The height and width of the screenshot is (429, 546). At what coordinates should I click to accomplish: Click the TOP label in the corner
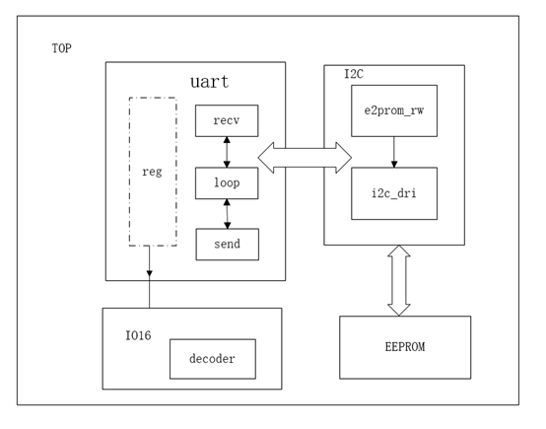coord(61,48)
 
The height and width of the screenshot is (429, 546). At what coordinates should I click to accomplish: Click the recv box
coord(227,120)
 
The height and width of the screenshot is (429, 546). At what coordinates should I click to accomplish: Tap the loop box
coord(227,182)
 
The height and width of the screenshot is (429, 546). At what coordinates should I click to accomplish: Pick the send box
coord(227,244)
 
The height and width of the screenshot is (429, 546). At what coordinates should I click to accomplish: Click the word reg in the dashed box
coord(153,172)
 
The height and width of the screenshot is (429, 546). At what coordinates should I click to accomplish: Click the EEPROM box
coord(404,347)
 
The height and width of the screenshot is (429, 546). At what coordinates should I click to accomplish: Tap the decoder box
coord(212,359)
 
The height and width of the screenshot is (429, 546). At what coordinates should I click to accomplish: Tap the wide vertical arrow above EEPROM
coord(398,280)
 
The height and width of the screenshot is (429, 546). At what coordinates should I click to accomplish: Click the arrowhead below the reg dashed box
coord(150,273)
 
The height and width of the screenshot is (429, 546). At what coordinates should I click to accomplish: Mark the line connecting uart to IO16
coord(150,294)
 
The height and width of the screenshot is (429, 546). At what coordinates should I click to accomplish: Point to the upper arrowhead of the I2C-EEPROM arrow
coord(398,252)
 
